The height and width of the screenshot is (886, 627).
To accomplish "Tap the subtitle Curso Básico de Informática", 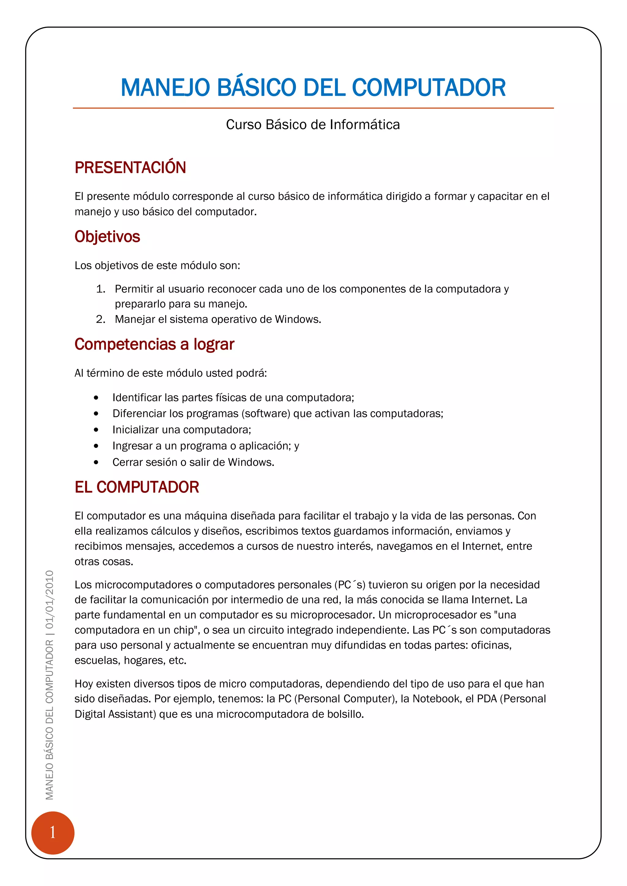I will click(313, 125).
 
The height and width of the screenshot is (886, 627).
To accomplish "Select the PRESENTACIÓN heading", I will click(130, 167).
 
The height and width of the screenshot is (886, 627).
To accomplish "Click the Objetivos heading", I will click(107, 236).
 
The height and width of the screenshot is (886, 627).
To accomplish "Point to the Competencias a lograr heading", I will click(154, 344).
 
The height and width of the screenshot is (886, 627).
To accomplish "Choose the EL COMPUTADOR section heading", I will click(137, 487).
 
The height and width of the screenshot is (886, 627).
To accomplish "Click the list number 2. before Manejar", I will click(101, 319).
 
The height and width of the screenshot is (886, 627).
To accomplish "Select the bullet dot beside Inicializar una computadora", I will click(96, 430).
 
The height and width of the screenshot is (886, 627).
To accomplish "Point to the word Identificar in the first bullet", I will click(137, 397).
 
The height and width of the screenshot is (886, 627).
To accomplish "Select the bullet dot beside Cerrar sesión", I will click(96, 462).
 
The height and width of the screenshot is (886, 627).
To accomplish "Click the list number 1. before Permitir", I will click(101, 289).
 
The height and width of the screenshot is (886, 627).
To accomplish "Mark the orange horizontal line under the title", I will click(313, 108).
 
